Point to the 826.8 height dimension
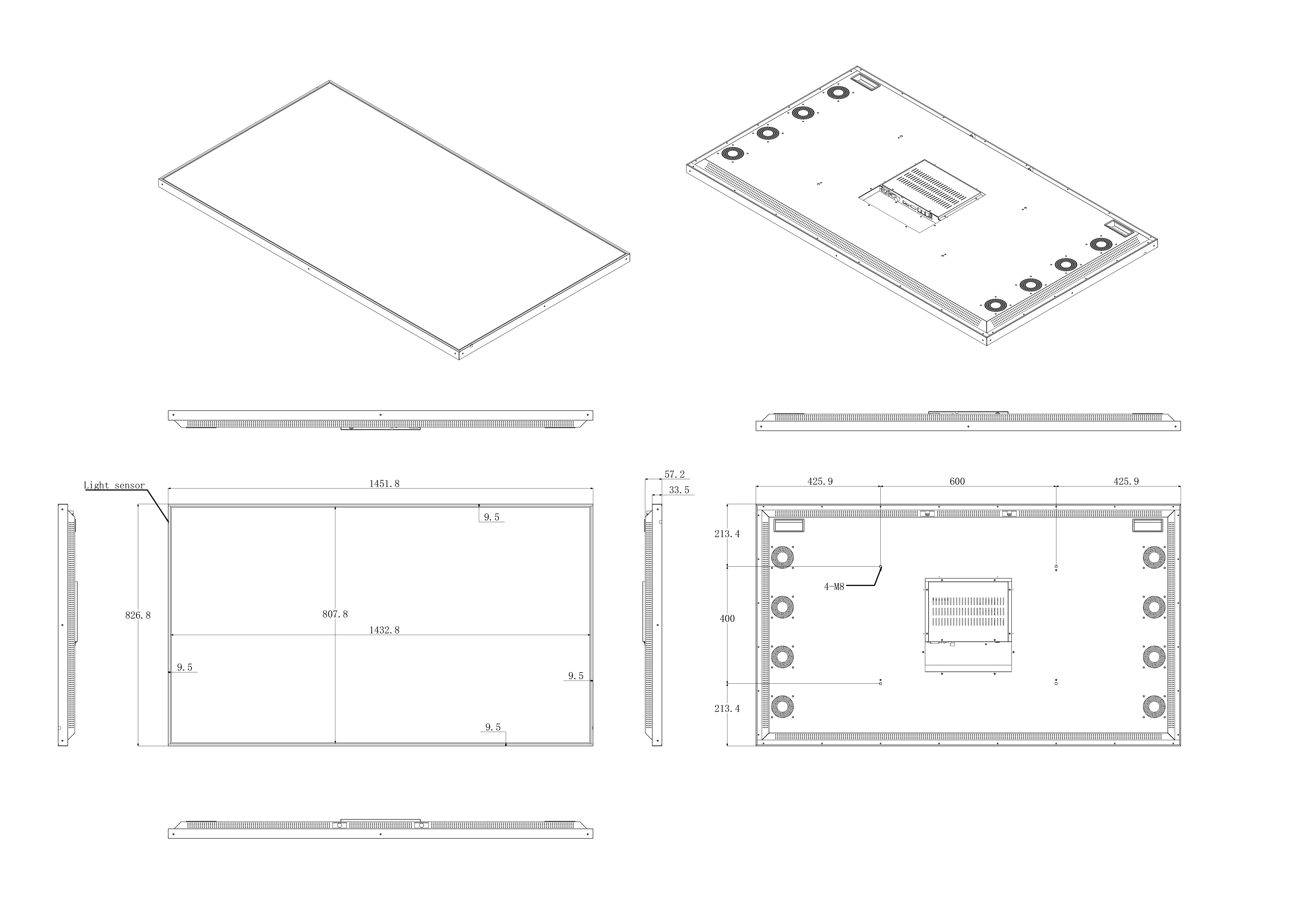138,615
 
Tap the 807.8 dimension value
335,614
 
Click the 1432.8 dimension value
384,630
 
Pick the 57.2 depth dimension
675,475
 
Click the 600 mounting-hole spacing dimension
957,482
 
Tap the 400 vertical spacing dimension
727,619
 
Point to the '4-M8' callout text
834,587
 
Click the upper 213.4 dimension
727,534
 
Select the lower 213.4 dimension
727,709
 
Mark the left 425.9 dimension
820,482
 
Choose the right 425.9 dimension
1126,482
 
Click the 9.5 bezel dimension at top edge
492,518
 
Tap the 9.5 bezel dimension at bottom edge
493,728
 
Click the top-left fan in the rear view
782,557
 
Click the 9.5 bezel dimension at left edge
185,668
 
